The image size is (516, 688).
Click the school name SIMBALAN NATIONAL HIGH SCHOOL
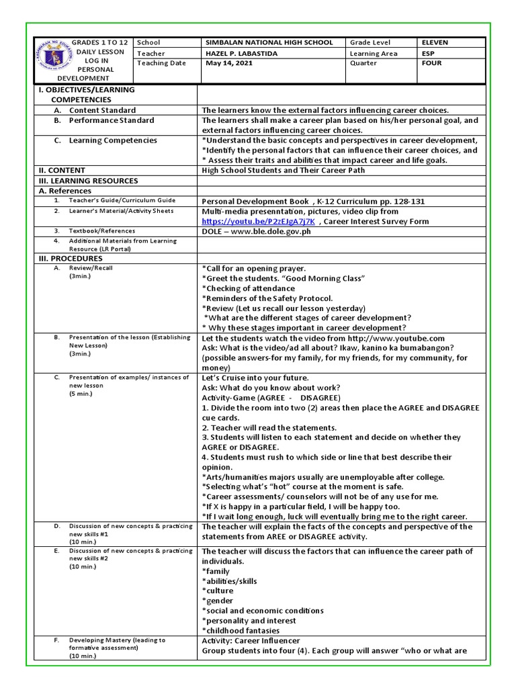pyautogui.click(x=267, y=42)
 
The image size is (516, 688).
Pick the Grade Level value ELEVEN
pyautogui.click(x=435, y=42)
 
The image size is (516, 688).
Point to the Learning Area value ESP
pyautogui.click(x=428, y=53)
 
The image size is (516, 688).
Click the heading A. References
pyautogui.click(x=66, y=191)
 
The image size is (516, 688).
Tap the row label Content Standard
pyautogui.click(x=102, y=110)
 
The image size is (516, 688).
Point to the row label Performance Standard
pyautogui.click(x=111, y=120)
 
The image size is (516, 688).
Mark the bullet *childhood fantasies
pyautogui.click(x=241, y=630)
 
